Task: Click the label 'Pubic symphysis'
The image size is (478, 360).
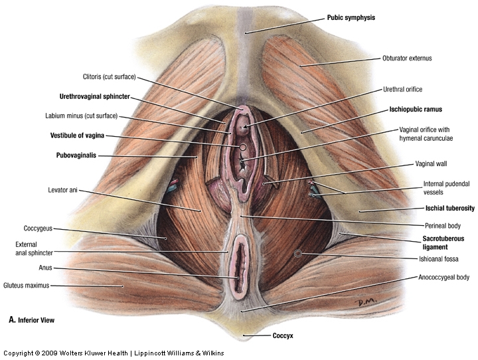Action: (x=351, y=18)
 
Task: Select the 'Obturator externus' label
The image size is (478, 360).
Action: (x=407, y=58)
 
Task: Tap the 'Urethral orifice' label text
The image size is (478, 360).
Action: (x=402, y=89)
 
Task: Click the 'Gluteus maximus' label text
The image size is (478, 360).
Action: (x=27, y=286)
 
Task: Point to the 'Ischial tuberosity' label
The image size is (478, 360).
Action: (x=449, y=209)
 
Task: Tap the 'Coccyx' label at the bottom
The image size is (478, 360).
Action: (x=283, y=336)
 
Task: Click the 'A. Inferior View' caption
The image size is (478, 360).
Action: (x=31, y=320)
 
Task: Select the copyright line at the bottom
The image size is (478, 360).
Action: (x=114, y=353)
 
